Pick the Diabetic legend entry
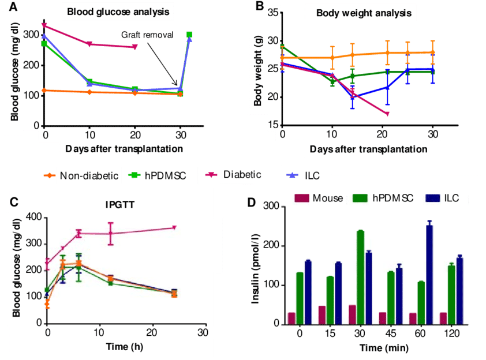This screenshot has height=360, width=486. click(x=242, y=175)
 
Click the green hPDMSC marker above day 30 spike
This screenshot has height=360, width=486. click(x=189, y=35)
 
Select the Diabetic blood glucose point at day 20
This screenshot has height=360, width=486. click(x=135, y=47)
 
